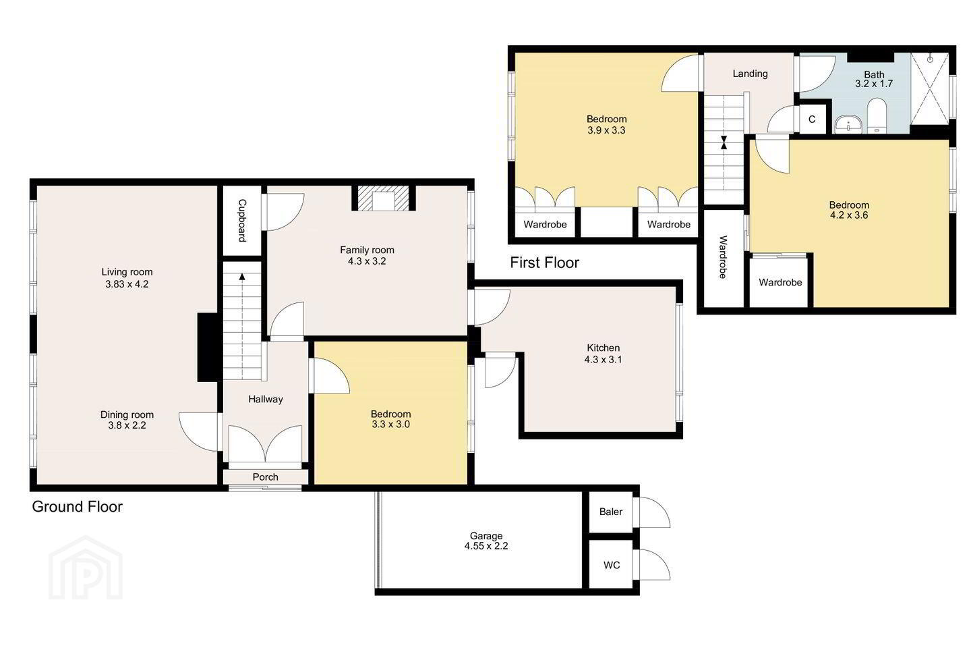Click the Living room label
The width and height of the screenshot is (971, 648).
pyautogui.click(x=127, y=272)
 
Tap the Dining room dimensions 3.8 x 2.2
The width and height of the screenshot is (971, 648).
pyautogui.click(x=127, y=425)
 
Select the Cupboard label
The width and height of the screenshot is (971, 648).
pyautogui.click(x=242, y=221)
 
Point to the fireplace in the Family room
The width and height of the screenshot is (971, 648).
pyautogui.click(x=383, y=198)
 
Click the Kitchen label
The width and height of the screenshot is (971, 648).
pyautogui.click(x=603, y=348)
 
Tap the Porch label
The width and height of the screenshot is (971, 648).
pyautogui.click(x=265, y=477)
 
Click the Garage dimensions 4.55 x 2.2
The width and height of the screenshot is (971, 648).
pyautogui.click(x=486, y=546)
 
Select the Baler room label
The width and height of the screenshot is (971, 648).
pyautogui.click(x=611, y=512)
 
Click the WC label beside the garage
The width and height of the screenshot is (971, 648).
pyautogui.click(x=612, y=565)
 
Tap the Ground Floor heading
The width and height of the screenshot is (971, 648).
pyautogui.click(x=77, y=506)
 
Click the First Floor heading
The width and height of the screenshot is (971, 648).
pyautogui.click(x=544, y=263)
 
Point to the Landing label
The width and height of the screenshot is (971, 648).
pyautogui.click(x=750, y=74)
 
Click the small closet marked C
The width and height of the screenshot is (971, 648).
pyautogui.click(x=812, y=119)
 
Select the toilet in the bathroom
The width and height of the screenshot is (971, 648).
pyautogui.click(x=877, y=115)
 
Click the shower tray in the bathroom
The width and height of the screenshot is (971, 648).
pyautogui.click(x=930, y=88)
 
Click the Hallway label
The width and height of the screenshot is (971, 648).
pyautogui.click(x=265, y=400)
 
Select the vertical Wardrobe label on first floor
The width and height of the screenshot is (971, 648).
pyautogui.click(x=723, y=257)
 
